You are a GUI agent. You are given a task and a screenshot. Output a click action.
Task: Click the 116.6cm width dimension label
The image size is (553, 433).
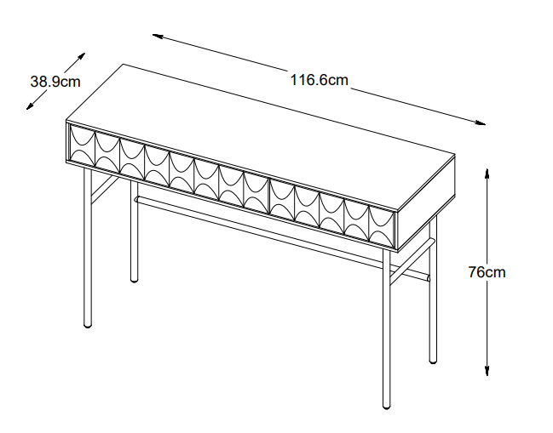[x=319, y=80]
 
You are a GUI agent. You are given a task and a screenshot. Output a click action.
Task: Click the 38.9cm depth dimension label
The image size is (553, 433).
[x=55, y=82]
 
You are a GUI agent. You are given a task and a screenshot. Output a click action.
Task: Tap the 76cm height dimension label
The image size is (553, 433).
[x=487, y=272]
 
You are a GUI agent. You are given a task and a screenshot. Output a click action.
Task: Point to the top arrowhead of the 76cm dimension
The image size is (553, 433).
[x=487, y=174]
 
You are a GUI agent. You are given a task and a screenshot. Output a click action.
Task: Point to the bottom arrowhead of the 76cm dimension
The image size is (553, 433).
[x=487, y=371]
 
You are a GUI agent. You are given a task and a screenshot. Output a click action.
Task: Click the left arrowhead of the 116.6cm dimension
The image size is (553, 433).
[x=158, y=36]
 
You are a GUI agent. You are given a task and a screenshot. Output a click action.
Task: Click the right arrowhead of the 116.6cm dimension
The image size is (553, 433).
[x=481, y=122]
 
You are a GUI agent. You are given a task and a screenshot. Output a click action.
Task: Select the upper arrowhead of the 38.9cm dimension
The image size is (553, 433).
[x=82, y=56]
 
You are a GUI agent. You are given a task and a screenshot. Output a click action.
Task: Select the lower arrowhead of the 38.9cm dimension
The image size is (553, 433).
[x=30, y=106]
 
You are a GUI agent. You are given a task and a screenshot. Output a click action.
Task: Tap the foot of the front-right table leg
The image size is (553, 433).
[x=387, y=406]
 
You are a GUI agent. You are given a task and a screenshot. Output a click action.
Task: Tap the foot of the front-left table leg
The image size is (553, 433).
[x=88, y=325]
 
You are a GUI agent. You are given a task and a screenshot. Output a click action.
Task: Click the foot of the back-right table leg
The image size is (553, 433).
[x=433, y=361]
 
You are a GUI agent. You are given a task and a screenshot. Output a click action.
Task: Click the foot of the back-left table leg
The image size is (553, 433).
[x=134, y=280]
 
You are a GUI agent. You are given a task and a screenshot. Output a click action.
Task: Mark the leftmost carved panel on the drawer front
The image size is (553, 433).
[x=83, y=145]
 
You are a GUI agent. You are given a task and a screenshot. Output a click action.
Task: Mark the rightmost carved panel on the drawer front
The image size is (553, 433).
[x=381, y=225]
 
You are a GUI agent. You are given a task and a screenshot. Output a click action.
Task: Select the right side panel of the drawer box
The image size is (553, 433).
[x=426, y=203]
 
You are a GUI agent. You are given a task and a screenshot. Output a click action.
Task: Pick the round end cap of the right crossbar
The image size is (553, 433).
[x=428, y=278]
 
